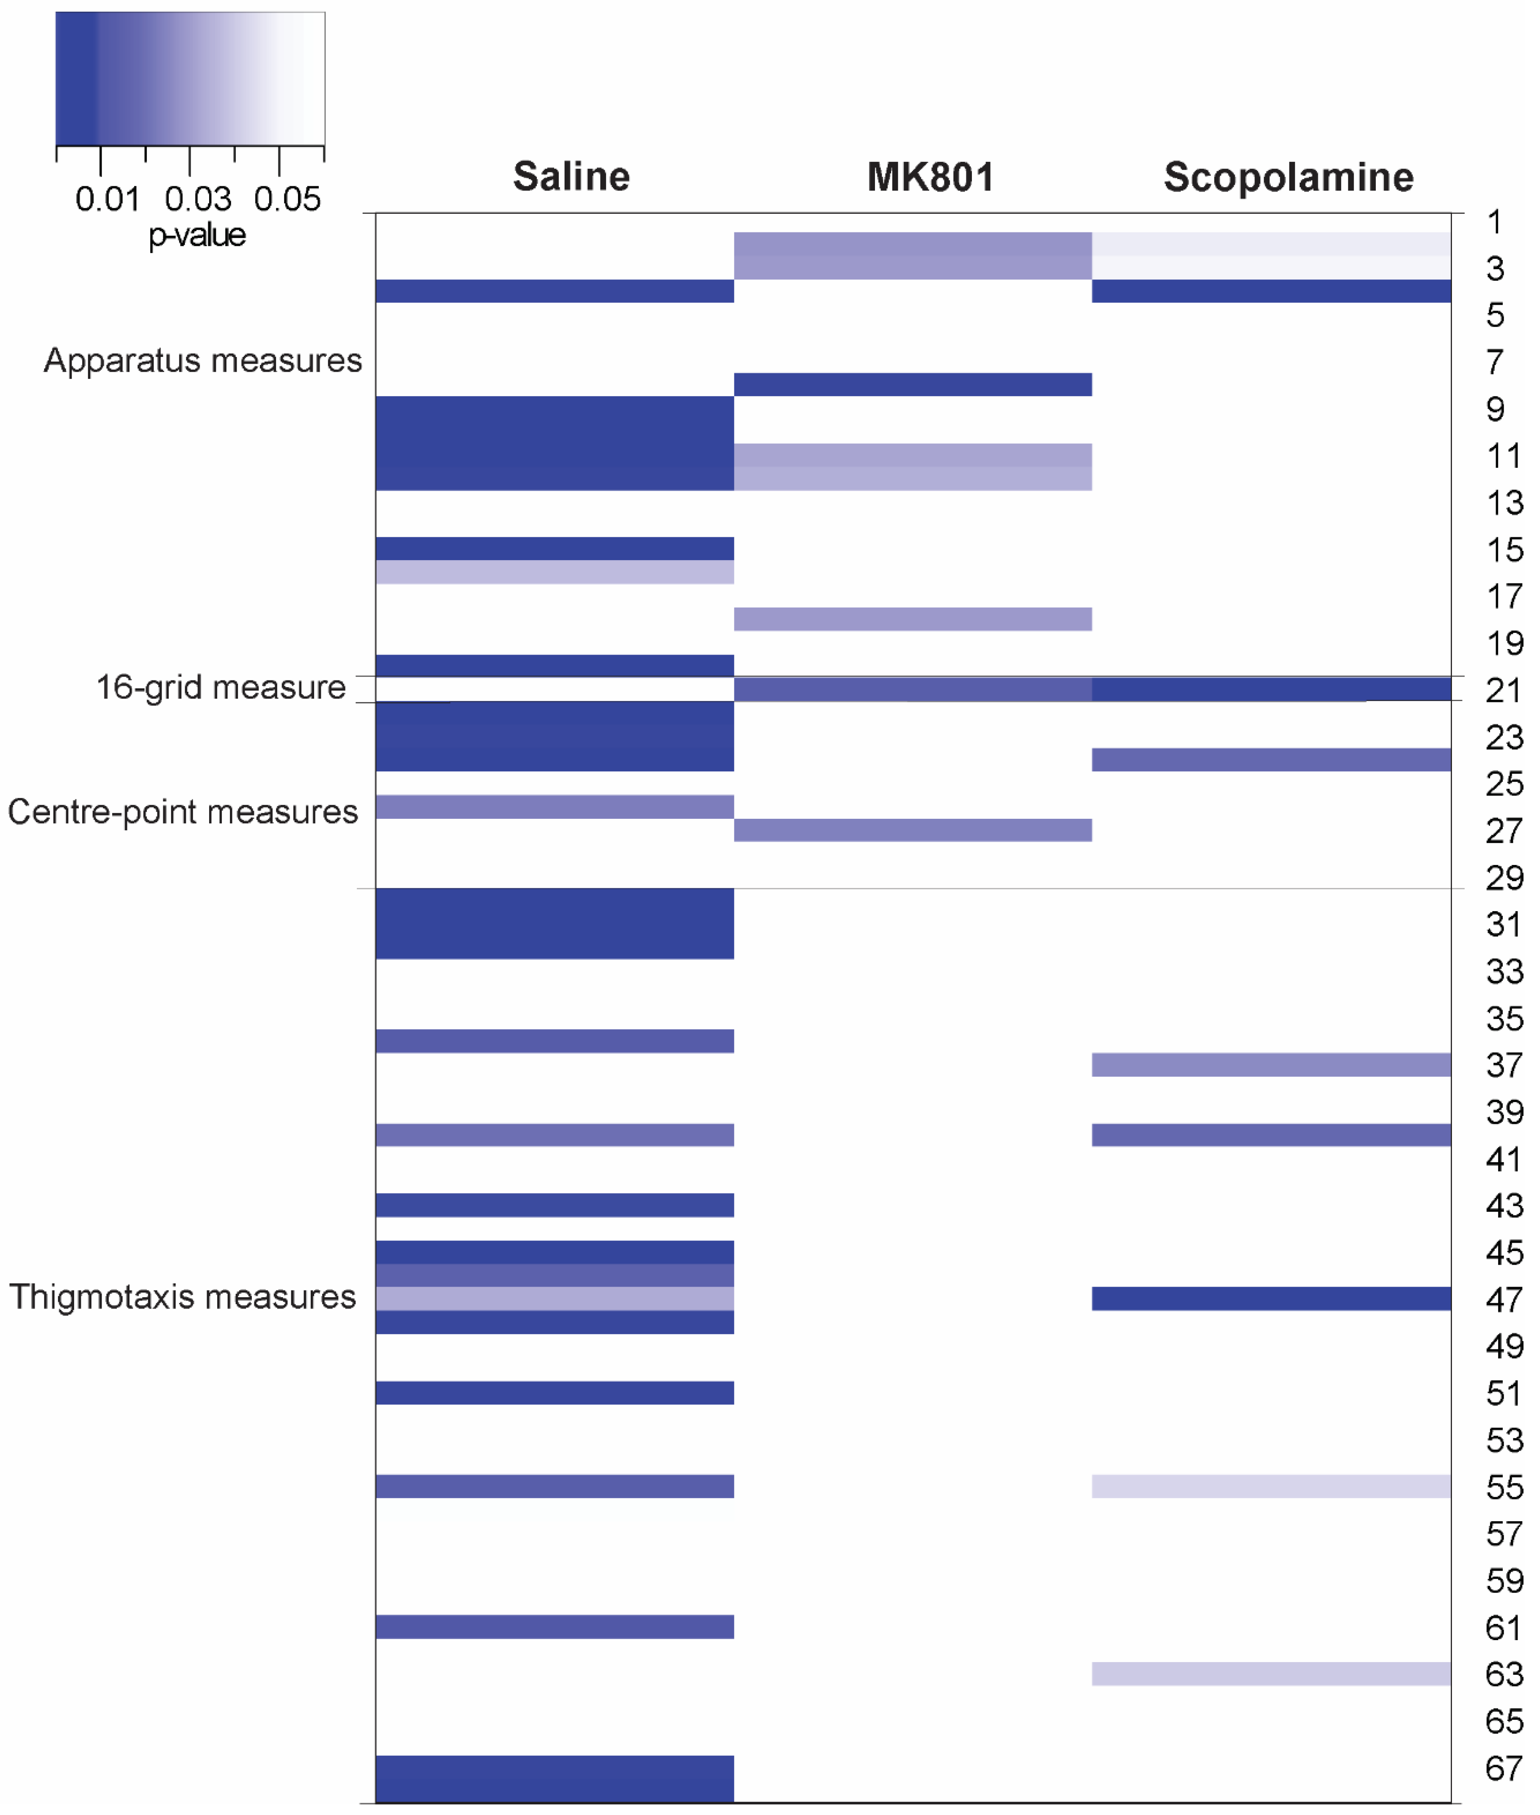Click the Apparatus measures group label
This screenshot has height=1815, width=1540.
[202, 361]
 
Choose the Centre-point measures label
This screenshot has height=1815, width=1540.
[182, 812]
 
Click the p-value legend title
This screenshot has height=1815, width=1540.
[197, 235]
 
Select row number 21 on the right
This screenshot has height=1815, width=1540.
[1503, 691]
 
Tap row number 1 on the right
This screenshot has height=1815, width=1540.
[1495, 223]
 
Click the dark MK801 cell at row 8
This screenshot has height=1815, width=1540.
[912, 384]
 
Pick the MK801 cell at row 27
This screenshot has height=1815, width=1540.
[912, 829]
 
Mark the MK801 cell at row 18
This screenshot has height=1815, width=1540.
[912, 619]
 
